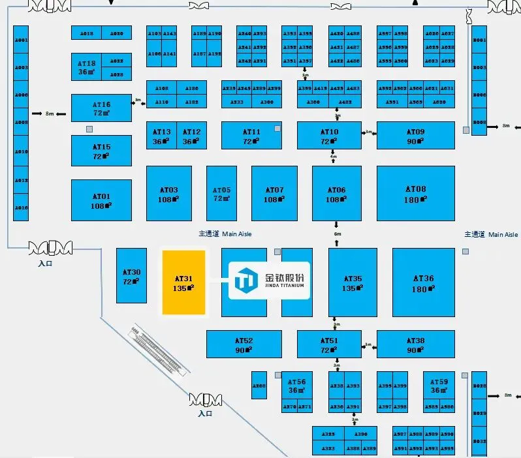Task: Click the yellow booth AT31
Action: tap(183, 281)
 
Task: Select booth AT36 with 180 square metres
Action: tap(423, 282)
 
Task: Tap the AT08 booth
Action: tap(415, 194)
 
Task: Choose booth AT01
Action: tap(101, 200)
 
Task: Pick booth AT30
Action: tap(131, 276)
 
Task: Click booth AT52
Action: tap(244, 344)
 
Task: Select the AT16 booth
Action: tap(101, 108)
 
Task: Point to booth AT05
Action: tap(221, 194)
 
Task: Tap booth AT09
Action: tap(415, 136)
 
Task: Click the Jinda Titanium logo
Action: tap(269, 281)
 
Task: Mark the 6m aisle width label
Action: tap(337, 234)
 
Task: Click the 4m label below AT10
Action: tap(333, 157)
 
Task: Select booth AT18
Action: tap(87, 67)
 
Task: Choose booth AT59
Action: tap(439, 386)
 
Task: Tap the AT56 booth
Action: tap(297, 386)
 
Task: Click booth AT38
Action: tap(415, 344)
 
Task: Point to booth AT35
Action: tap(353, 282)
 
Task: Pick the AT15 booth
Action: tap(101, 151)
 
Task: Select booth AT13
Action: tap(161, 136)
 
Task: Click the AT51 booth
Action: tap(329, 344)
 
